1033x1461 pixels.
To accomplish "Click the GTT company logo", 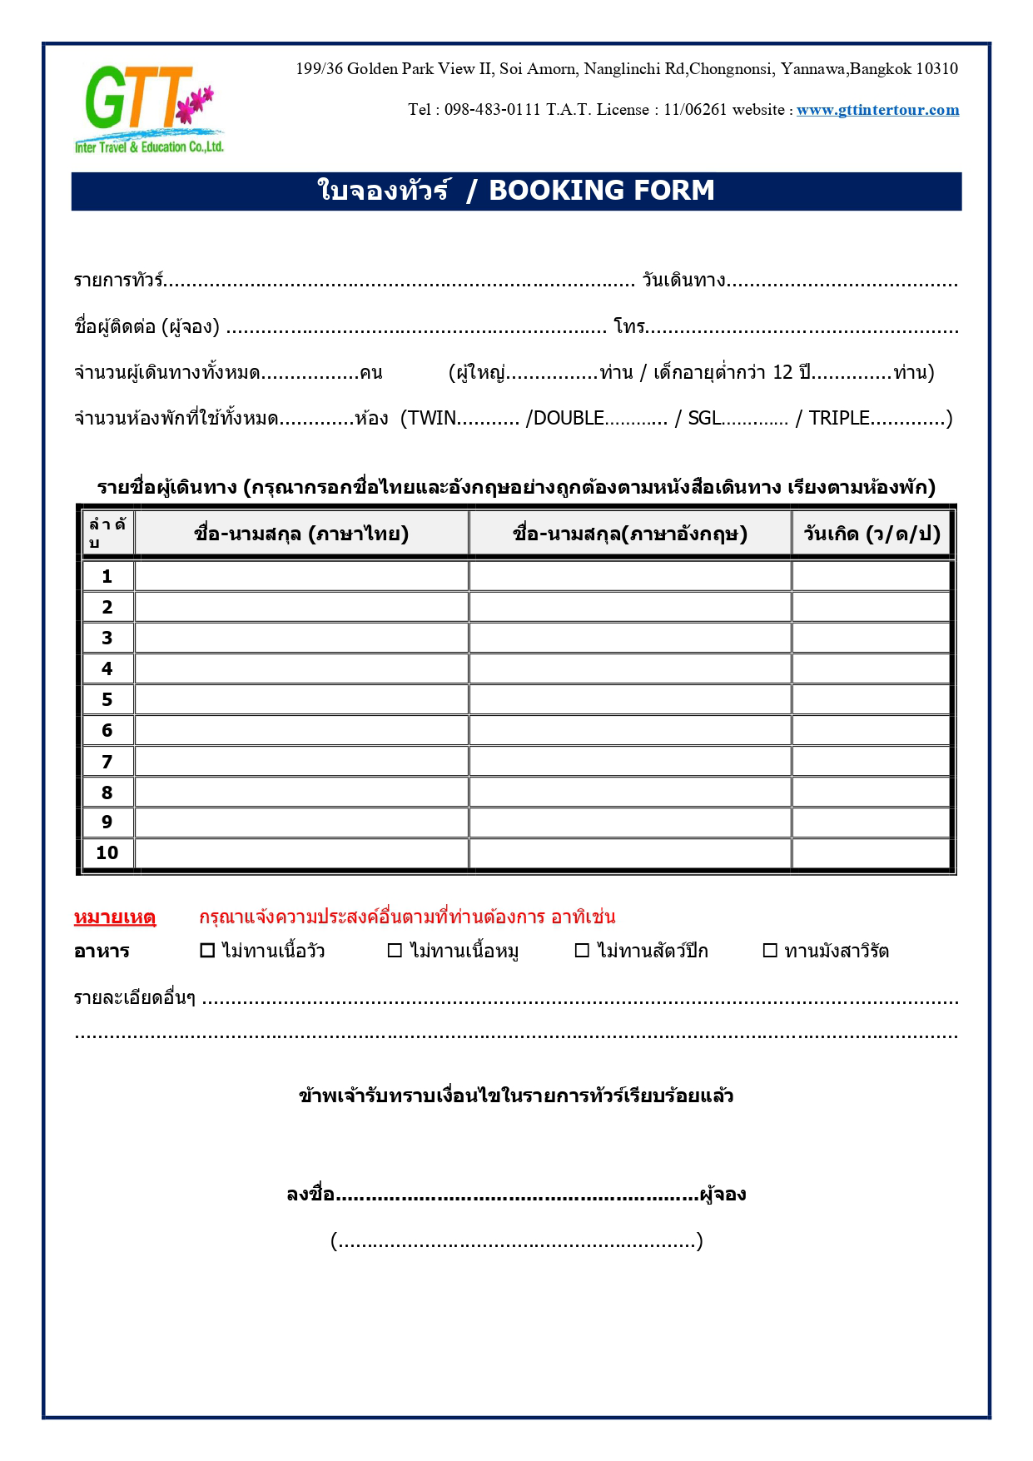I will [x=148, y=109].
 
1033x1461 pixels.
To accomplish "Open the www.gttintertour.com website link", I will [x=877, y=110].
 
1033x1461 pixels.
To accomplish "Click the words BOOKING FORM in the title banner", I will [x=601, y=191].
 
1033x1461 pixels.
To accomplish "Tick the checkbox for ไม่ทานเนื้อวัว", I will [x=208, y=951].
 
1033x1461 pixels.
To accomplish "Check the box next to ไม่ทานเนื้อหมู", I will [x=395, y=951].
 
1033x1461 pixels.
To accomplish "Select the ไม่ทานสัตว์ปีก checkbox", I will [x=583, y=951].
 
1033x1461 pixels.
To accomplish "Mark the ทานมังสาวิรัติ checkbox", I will [x=771, y=951].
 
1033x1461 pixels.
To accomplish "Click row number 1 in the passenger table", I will [x=107, y=576].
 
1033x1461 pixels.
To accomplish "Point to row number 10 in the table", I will [x=107, y=852].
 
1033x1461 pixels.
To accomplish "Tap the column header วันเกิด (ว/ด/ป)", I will [x=872, y=534].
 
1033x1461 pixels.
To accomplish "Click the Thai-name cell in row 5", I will [x=301, y=699].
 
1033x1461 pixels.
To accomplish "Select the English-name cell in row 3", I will [x=630, y=638].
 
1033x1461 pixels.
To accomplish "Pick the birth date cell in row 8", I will [x=872, y=792].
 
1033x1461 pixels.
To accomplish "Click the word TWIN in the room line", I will [x=432, y=418].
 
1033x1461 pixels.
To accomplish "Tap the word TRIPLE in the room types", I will [x=839, y=418].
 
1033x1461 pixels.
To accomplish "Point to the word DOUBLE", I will [x=569, y=418].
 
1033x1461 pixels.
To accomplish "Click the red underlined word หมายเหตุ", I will [x=115, y=917].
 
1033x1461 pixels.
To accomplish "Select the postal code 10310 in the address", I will [x=936, y=69].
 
